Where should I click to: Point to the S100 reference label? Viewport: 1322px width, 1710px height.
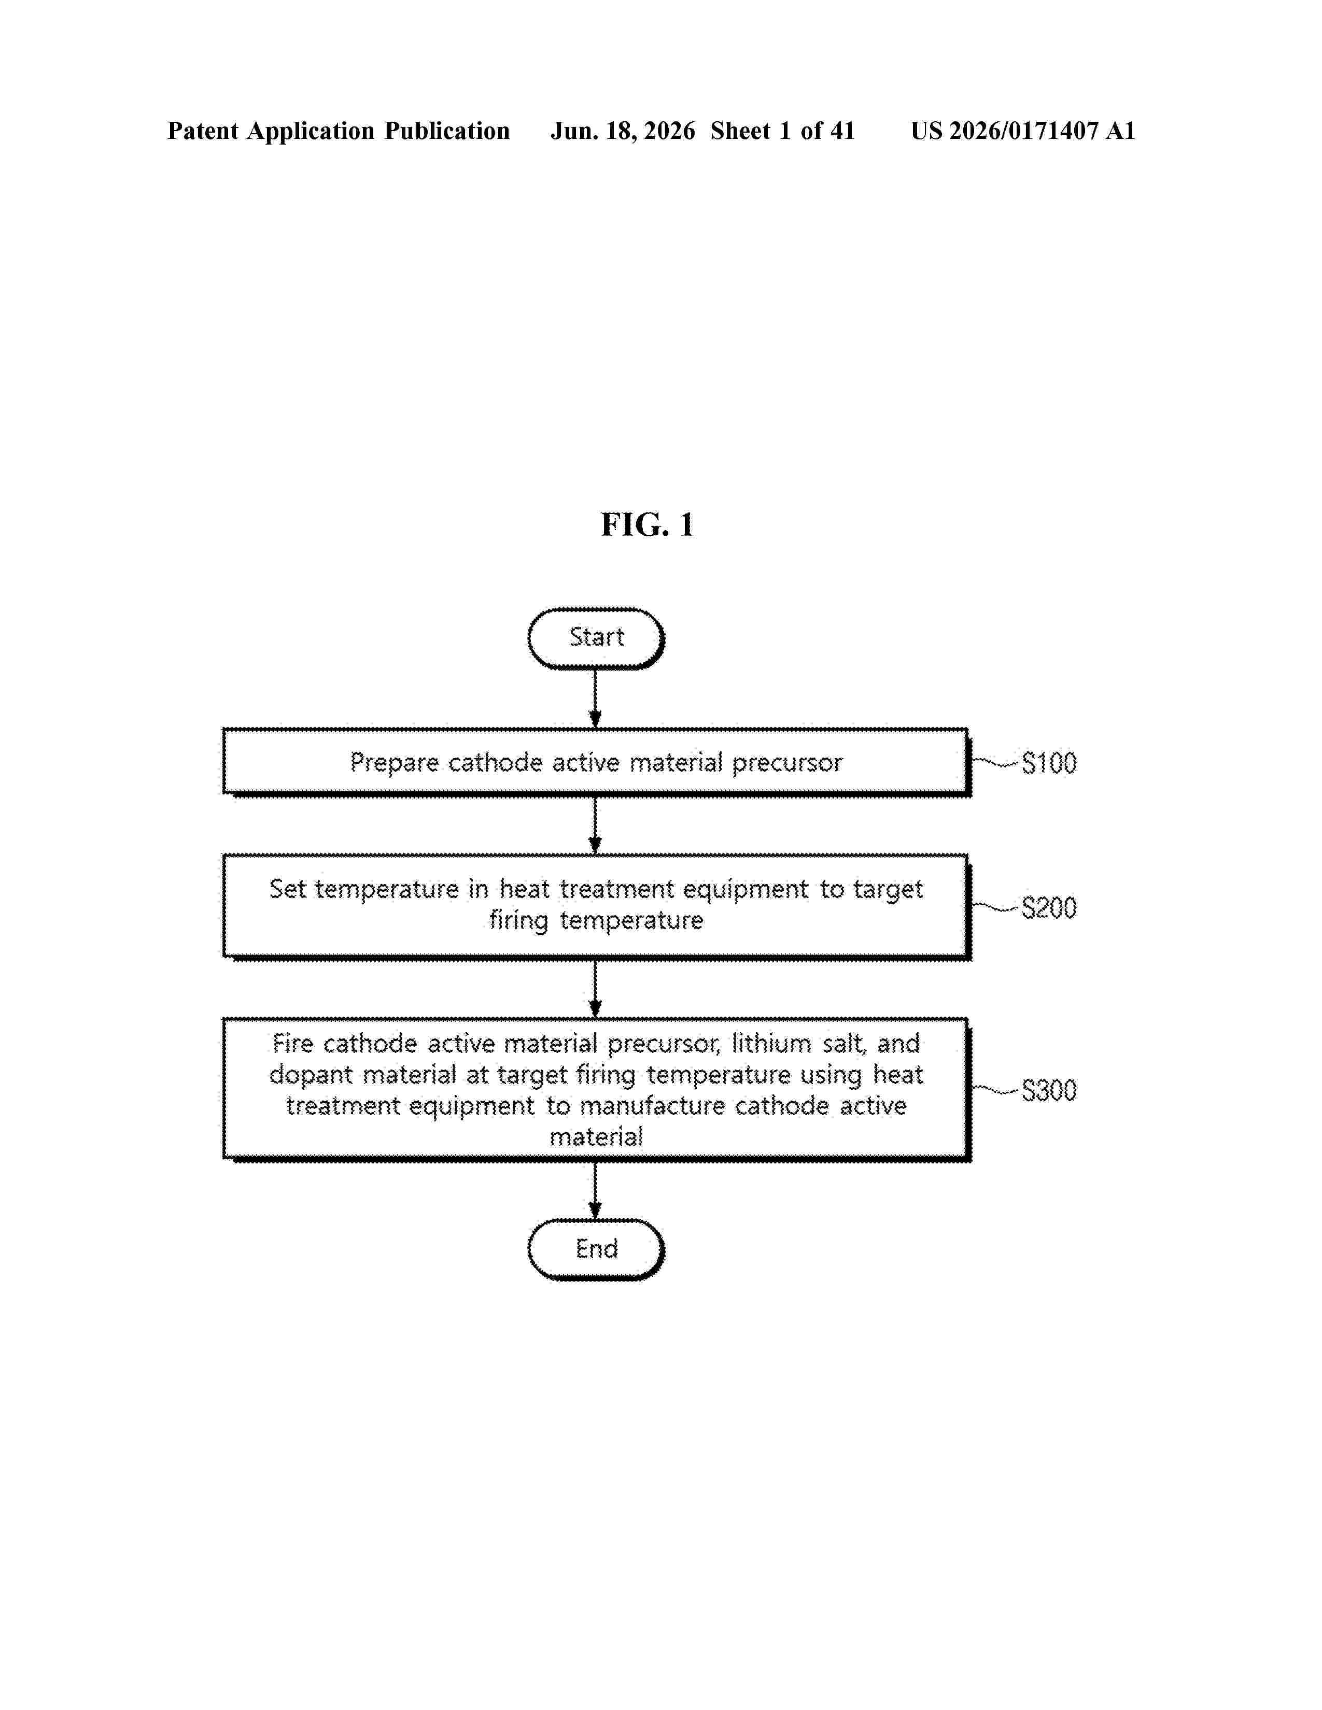coord(1049,763)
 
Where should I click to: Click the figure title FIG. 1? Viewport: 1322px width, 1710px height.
coord(647,524)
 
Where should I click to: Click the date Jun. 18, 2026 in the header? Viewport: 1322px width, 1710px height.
coord(623,131)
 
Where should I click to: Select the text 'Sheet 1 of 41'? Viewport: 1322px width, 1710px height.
coord(782,131)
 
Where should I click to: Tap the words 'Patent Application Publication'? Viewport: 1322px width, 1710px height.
coord(339,131)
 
